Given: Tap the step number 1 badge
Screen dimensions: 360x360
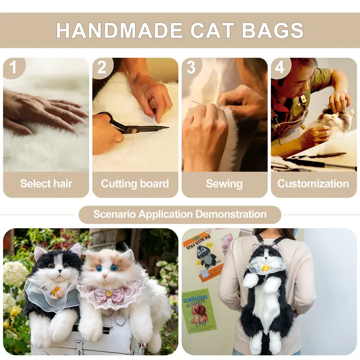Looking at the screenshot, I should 13,68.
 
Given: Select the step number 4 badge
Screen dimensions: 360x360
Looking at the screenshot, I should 280,68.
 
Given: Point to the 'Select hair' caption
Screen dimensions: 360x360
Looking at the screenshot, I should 46,184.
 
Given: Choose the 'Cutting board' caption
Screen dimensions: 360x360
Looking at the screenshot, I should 135,184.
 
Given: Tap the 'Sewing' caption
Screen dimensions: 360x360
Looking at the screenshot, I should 224,184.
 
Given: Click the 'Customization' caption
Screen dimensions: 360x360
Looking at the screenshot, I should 313,184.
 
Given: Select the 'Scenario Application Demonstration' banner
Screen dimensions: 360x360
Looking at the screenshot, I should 180,214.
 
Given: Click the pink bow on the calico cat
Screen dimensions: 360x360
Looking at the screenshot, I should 108,294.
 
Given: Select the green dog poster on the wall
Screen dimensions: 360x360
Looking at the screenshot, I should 198,310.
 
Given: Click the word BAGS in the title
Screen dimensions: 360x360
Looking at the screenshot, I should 273,30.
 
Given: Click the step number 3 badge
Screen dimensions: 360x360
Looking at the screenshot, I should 191,68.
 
